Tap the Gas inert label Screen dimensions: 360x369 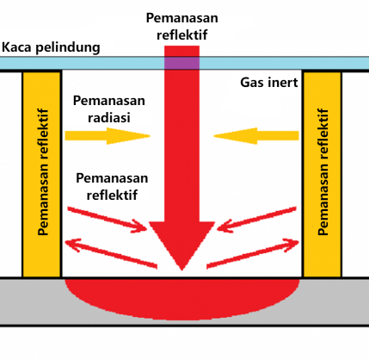point(268,83)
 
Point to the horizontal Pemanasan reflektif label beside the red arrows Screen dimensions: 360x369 point(112,185)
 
